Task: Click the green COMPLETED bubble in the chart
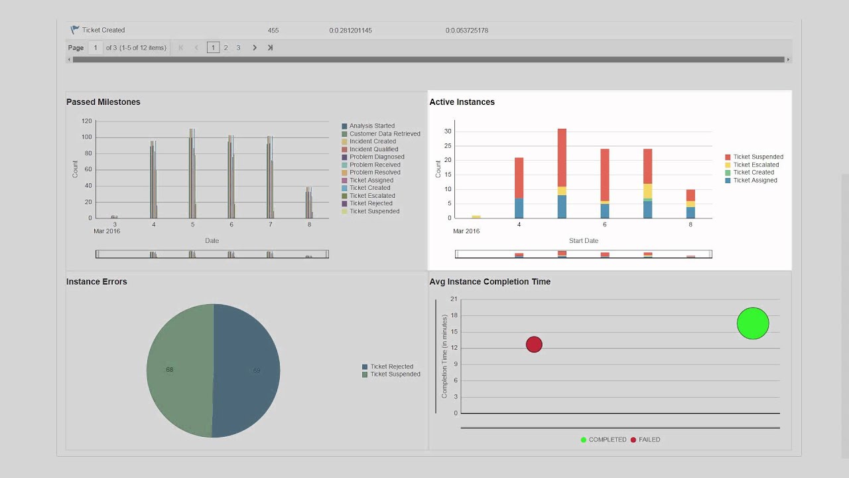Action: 753,323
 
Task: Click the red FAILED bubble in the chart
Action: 534,344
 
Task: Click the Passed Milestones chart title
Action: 103,102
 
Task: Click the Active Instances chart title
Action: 462,102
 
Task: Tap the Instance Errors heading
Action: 96,281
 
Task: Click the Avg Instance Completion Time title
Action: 490,281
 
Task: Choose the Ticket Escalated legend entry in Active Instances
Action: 755,165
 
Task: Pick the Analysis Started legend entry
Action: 371,126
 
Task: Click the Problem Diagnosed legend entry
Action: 376,157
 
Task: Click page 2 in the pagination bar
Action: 226,48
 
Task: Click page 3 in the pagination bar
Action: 238,48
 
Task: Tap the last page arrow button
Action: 270,48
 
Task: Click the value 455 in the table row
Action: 273,31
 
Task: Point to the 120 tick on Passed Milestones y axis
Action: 86,121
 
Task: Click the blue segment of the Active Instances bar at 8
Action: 690,212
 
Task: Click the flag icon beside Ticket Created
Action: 75,30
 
